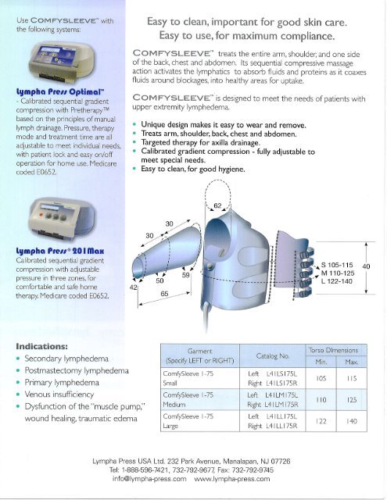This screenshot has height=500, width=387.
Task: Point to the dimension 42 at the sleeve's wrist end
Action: coord(133,287)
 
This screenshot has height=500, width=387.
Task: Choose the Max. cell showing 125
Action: coord(353,400)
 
